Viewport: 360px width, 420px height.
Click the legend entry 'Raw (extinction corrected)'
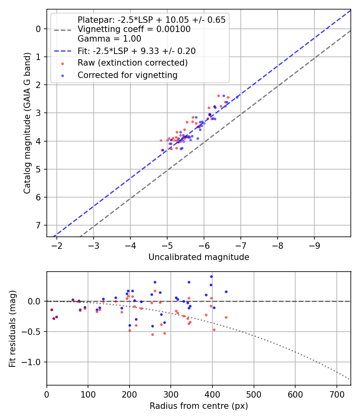[132, 63]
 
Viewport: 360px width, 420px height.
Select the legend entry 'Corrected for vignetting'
[128, 75]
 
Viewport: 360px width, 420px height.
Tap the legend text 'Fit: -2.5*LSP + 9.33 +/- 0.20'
[136, 51]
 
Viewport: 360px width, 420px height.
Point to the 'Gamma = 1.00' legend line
[109, 39]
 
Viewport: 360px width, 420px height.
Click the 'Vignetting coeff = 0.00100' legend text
[134, 29]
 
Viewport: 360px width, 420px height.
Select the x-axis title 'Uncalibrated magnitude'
[199, 257]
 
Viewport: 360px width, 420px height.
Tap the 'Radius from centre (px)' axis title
[199, 406]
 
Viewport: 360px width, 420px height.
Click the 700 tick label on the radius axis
[336, 394]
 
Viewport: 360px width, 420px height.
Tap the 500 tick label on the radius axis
[254, 394]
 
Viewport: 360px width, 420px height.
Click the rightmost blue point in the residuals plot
[226, 292]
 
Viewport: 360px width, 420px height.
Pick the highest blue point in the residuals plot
[212, 276]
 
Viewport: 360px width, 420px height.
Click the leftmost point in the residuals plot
[52, 310]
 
